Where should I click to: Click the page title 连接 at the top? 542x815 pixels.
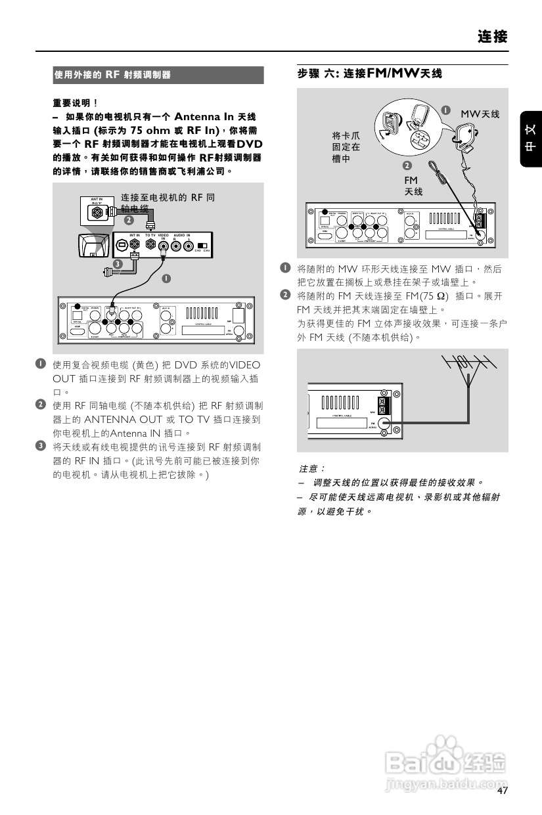492,36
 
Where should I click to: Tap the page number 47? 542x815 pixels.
503,791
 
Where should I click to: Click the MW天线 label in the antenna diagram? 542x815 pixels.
480,114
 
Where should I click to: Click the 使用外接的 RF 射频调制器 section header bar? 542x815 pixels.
158,75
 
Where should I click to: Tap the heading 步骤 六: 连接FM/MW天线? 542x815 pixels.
370,74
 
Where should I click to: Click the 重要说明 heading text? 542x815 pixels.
75,102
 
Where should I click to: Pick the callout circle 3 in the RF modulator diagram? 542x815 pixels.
116,264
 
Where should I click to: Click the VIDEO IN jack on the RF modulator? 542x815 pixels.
164,246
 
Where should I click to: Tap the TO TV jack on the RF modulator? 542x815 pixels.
150,246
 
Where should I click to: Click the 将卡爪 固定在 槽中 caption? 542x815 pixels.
346,147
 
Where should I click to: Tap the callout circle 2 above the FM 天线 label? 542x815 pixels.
407,165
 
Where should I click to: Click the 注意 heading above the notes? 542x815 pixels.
312,469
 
